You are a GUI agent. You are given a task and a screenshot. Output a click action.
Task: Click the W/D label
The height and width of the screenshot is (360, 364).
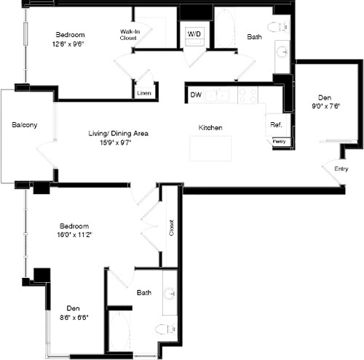(x=194, y=34)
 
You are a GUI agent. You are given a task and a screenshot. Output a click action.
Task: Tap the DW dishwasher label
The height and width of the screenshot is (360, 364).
(x=196, y=95)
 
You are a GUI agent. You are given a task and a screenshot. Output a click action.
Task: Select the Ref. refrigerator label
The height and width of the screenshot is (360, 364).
(x=276, y=125)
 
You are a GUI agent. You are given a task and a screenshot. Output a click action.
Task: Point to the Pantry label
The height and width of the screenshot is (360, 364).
(x=279, y=141)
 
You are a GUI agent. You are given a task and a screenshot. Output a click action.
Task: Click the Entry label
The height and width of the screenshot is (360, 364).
(x=341, y=169)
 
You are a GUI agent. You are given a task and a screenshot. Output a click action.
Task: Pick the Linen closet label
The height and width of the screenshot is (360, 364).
(x=144, y=93)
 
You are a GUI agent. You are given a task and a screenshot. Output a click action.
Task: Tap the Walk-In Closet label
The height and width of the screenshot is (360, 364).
(x=129, y=35)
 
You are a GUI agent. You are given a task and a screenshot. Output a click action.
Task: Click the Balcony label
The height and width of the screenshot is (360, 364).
(x=25, y=125)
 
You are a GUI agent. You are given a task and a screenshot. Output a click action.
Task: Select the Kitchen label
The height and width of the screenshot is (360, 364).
(x=210, y=128)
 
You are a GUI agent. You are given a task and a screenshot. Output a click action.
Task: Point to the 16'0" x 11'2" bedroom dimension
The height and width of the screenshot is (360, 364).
(x=76, y=235)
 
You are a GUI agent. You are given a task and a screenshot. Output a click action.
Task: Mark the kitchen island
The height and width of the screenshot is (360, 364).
(x=210, y=148)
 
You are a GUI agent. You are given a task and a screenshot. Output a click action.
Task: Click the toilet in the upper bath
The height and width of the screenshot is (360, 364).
(x=276, y=28)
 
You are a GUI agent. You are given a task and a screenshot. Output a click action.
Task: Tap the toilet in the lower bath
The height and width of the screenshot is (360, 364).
(x=166, y=329)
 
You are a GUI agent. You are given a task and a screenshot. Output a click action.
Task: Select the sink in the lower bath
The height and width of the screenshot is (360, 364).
(x=169, y=294)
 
